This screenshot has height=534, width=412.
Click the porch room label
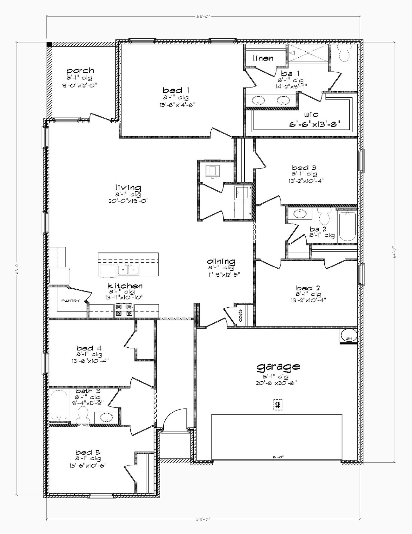(x=80, y=71)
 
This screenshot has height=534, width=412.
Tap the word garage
(x=278, y=367)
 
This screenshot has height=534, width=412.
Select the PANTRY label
(x=70, y=301)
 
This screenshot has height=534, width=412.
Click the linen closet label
(x=263, y=58)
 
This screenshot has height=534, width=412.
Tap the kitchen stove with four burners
(x=124, y=310)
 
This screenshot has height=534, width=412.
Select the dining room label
(x=221, y=261)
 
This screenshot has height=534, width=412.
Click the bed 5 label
(x=88, y=452)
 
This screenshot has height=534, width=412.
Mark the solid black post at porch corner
(x=50, y=44)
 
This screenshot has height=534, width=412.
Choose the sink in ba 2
(x=300, y=213)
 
